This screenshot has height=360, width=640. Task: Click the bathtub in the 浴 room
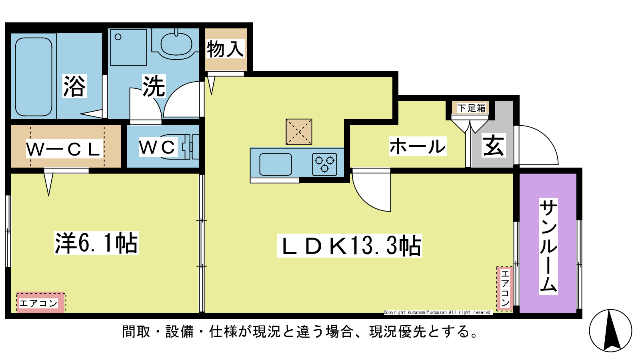click(x=34, y=77)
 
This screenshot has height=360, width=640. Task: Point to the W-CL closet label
click(x=63, y=149)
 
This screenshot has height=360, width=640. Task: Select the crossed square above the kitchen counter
click(x=299, y=132)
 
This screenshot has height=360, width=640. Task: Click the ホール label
click(x=418, y=146)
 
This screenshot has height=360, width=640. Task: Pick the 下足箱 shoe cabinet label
click(x=472, y=108)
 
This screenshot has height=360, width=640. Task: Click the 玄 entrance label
click(x=494, y=146)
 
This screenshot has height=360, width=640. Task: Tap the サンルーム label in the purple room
click(x=548, y=246)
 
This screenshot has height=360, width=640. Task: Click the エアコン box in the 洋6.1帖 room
click(x=40, y=303)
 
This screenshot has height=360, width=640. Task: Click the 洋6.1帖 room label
click(x=96, y=243)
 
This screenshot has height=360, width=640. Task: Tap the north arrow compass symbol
click(x=610, y=330)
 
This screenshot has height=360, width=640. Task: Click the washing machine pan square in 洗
click(x=128, y=47)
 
